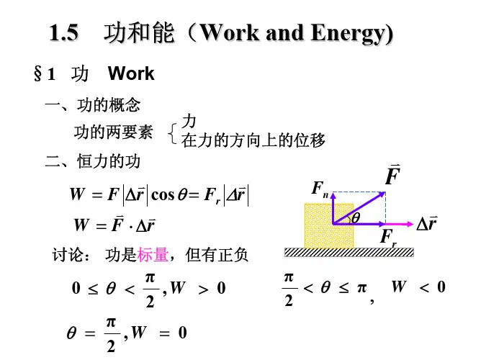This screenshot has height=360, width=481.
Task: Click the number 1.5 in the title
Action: [63, 32]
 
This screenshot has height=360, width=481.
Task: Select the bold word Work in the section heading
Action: [131, 73]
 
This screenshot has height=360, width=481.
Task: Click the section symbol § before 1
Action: [37, 74]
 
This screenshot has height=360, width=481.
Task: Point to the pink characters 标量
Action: [153, 254]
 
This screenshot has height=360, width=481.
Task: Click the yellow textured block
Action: [329, 225]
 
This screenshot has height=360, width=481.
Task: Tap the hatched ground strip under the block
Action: [349, 253]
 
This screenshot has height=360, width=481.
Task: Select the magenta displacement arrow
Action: [399, 224]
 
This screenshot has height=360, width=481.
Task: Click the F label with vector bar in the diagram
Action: [392, 175]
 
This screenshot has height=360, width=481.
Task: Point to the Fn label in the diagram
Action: [320, 189]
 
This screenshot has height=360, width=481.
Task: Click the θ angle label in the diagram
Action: [356, 218]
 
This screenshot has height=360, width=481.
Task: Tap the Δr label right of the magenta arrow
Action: [427, 223]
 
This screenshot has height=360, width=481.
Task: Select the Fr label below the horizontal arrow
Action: [388, 238]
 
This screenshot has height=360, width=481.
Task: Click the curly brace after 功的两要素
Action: [173, 133]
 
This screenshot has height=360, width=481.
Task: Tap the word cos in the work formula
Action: [163, 194]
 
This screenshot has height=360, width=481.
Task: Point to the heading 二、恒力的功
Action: [93, 161]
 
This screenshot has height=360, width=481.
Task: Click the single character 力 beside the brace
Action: [189, 121]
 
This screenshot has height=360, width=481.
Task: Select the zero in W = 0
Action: [182, 333]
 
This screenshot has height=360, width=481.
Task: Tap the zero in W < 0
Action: [441, 287]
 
